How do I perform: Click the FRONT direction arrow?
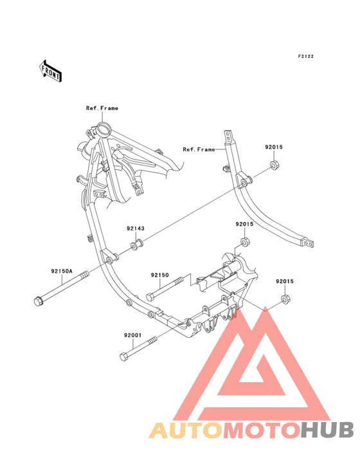(51, 71)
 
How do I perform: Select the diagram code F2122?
(306, 56)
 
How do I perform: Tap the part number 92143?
(135, 228)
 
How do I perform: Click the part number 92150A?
(62, 272)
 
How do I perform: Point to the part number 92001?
(132, 335)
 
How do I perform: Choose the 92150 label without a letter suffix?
(159, 275)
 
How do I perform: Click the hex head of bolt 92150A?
(39, 301)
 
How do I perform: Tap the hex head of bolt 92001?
(124, 357)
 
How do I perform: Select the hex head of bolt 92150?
(150, 297)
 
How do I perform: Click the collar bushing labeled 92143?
(136, 245)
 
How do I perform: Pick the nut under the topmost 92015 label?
(274, 165)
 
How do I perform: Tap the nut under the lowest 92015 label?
(285, 299)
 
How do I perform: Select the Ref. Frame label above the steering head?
(102, 108)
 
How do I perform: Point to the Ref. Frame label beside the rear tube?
(199, 149)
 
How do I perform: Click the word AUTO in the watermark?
(186, 430)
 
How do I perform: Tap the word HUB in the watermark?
(327, 430)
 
